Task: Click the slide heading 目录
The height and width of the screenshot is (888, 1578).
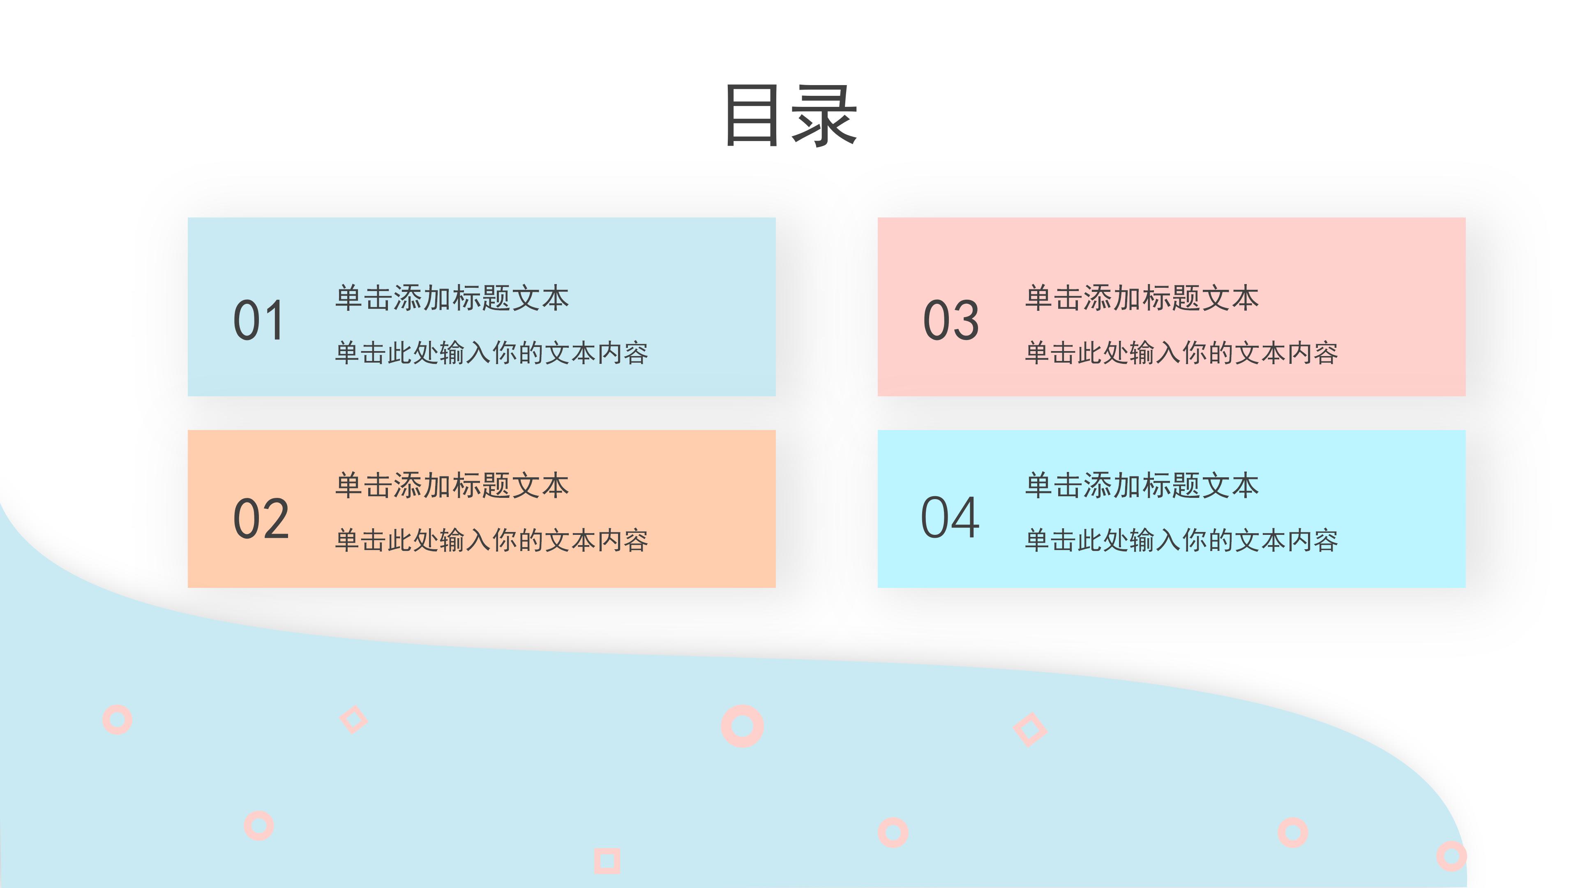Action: (790, 116)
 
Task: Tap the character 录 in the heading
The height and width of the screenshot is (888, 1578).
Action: (824, 116)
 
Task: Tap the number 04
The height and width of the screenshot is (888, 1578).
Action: (950, 518)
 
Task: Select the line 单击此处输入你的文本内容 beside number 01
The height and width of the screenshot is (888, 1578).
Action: (491, 353)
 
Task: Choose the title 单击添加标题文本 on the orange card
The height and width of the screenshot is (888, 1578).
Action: (452, 486)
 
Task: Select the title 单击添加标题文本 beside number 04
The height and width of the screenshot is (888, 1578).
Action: (1142, 486)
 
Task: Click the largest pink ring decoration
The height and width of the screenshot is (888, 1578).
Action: (742, 726)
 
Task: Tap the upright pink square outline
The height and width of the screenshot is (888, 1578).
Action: (607, 861)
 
